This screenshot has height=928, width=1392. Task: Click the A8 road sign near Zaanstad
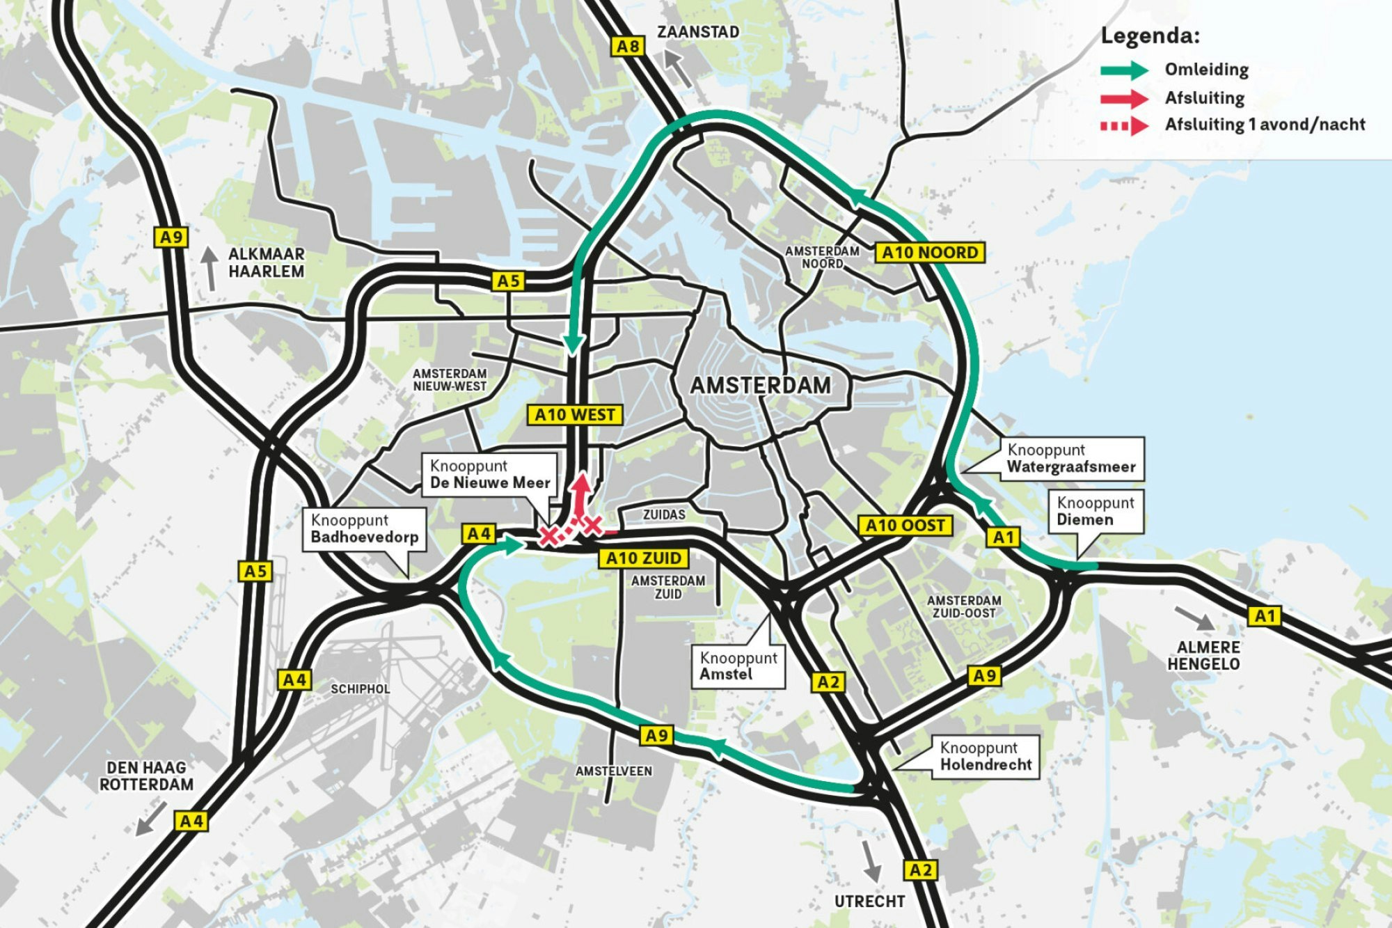[x=628, y=47]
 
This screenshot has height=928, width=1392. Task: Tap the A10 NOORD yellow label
[x=930, y=253]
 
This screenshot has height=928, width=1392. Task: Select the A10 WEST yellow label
[x=574, y=415]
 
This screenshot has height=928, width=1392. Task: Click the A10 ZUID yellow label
[x=643, y=558]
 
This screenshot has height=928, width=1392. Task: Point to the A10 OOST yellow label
[x=905, y=526]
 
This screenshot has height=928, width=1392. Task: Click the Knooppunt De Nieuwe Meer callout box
[x=490, y=475]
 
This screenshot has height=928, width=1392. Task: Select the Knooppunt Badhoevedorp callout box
[x=364, y=529]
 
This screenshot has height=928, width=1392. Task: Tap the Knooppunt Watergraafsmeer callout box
[x=1071, y=459]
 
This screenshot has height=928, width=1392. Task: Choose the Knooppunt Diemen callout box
[x=1096, y=512]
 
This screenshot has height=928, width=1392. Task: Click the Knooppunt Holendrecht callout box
[x=986, y=757]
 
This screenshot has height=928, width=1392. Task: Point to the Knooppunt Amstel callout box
[x=738, y=666]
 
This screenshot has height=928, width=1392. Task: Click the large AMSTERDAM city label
[x=760, y=386]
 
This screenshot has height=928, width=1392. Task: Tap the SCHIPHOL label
[x=360, y=689]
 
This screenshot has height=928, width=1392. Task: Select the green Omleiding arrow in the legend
[x=1124, y=70]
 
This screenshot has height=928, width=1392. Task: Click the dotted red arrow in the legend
[x=1124, y=126]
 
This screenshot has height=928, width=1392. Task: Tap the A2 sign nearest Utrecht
[x=920, y=870]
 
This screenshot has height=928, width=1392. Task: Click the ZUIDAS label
[x=663, y=514]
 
